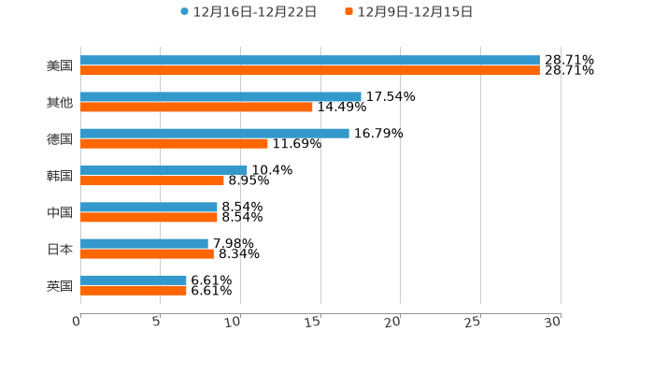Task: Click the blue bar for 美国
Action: [x=310, y=61]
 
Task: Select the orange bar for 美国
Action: [x=310, y=71]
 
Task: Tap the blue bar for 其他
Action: [x=220, y=97]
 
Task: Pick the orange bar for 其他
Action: [x=196, y=108]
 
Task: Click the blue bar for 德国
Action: [x=215, y=134]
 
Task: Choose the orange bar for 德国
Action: [x=174, y=144]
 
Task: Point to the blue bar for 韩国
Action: [x=163, y=170]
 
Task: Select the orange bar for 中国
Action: [x=149, y=217]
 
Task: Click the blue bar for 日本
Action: [x=144, y=243]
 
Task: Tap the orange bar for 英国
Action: [x=134, y=290]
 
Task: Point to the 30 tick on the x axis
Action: [x=553, y=322]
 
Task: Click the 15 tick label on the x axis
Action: [x=314, y=322]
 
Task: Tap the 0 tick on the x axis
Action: [x=78, y=322]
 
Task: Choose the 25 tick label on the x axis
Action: [x=474, y=322]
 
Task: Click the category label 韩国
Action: [x=60, y=176]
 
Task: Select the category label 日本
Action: [x=60, y=249]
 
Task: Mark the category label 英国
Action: [x=60, y=285]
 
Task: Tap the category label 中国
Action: [x=60, y=212]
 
